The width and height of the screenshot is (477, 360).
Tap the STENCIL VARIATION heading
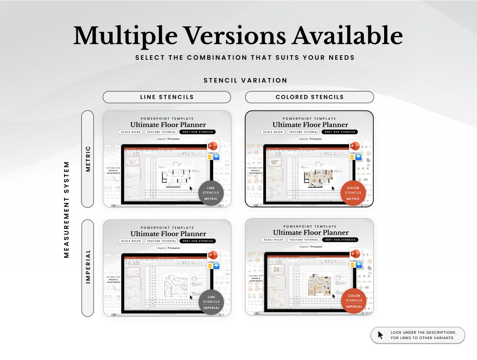(x=245, y=80)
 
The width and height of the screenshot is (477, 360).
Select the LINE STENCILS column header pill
(x=167, y=97)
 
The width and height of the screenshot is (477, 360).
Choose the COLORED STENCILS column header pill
(x=309, y=97)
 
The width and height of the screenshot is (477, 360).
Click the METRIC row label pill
(x=87, y=159)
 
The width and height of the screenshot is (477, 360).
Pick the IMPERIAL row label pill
(x=87, y=267)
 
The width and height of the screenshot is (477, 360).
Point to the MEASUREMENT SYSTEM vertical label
(x=67, y=209)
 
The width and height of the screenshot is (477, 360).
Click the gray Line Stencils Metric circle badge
(x=211, y=193)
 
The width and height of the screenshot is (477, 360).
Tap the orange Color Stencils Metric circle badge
(x=353, y=193)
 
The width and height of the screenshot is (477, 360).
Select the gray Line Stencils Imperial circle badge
(x=211, y=302)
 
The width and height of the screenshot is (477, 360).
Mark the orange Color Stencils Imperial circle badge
(x=354, y=301)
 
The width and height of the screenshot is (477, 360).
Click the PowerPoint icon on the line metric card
(x=213, y=146)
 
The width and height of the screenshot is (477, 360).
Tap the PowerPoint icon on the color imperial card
(x=356, y=254)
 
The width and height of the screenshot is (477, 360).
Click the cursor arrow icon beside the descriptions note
(x=380, y=335)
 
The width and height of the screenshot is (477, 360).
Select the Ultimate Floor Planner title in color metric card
(x=310, y=125)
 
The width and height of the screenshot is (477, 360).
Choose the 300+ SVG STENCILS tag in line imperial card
(x=197, y=241)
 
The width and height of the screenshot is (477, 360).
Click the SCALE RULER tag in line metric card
(x=131, y=132)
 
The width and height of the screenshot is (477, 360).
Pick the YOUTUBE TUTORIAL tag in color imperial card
(x=303, y=240)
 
